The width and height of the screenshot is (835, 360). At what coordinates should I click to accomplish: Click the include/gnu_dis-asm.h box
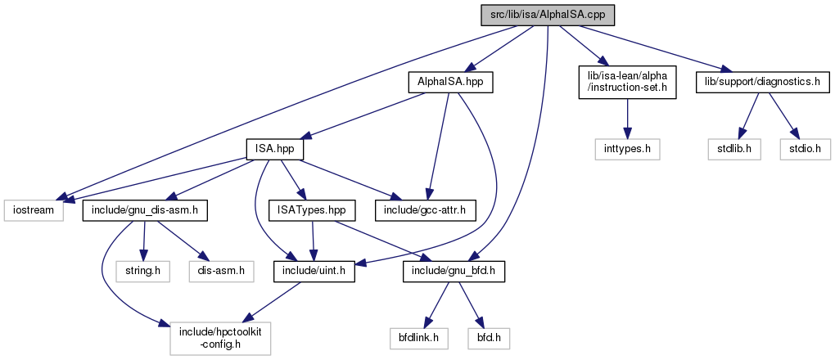145,210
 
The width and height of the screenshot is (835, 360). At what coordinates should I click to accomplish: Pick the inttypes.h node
627,150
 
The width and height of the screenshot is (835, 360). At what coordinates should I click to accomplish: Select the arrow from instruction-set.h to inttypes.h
627,119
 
